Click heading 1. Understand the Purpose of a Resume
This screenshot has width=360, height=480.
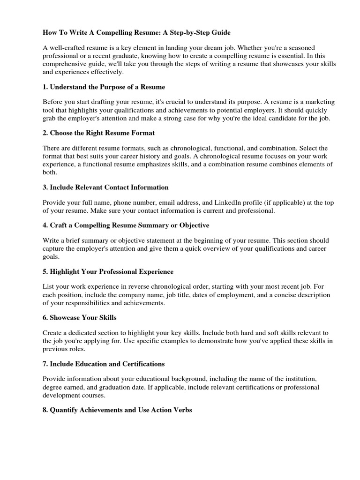click(x=104, y=87)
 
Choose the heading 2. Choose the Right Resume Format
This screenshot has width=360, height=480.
click(x=98, y=133)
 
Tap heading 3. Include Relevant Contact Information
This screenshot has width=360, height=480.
click(x=105, y=187)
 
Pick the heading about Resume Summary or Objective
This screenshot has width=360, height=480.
click(x=126, y=225)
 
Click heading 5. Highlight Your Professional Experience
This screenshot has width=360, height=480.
click(x=108, y=272)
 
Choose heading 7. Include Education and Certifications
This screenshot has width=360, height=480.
click(x=104, y=364)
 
